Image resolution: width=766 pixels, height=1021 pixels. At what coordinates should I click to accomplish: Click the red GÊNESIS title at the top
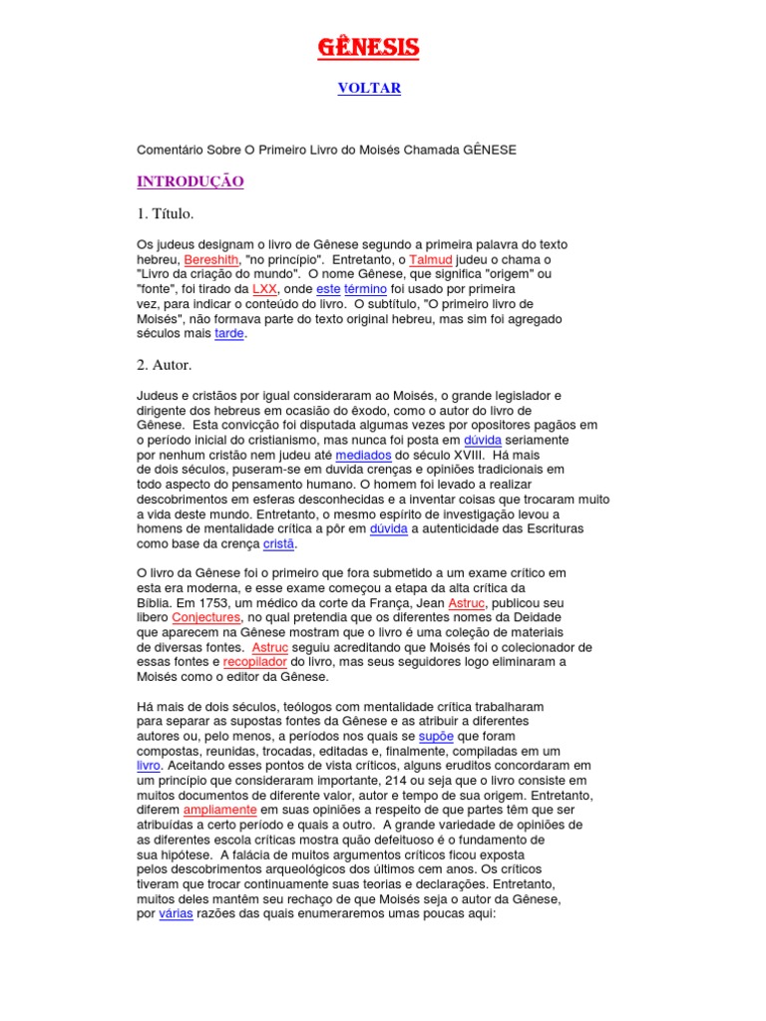coord(368,47)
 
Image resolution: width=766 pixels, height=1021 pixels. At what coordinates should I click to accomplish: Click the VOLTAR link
coord(368,89)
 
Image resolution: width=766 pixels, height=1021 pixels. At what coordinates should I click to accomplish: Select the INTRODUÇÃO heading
coord(190,181)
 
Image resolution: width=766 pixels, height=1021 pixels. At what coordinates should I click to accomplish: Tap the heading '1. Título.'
coord(165,213)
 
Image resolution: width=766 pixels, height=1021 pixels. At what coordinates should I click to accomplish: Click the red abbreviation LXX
coord(265,288)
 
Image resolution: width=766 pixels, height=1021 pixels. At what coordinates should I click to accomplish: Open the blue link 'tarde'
coord(228,334)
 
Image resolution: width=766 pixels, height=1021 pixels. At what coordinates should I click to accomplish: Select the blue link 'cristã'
coord(279,543)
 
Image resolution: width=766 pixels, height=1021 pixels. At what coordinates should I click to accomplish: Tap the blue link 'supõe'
coord(436,736)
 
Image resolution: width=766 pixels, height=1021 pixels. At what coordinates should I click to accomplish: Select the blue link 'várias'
coord(176,914)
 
